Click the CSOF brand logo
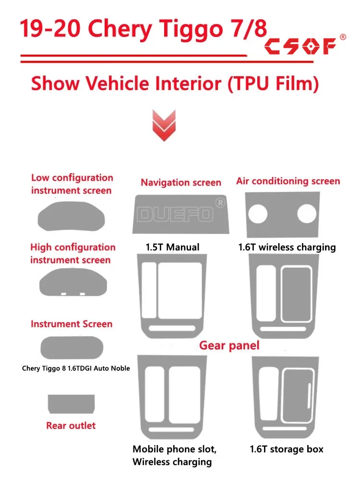click(x=300, y=47)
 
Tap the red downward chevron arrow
click(x=164, y=125)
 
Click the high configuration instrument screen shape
click(x=72, y=284)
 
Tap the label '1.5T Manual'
click(x=172, y=247)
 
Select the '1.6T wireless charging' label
click(x=287, y=247)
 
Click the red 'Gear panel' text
click(x=229, y=345)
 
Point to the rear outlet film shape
click(x=71, y=403)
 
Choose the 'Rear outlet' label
click(x=71, y=425)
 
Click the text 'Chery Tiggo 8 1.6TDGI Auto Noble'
click(x=76, y=368)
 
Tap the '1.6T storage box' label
click(x=287, y=449)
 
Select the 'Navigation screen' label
click(x=181, y=182)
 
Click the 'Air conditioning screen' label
click(x=288, y=181)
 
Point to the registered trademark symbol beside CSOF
click(x=343, y=37)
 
